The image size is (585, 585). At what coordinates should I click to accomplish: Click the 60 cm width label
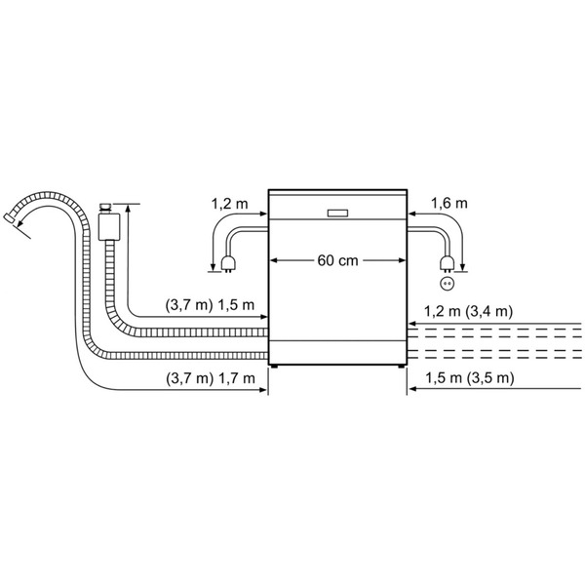(337, 260)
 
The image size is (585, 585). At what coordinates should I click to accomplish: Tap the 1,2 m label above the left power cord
(229, 204)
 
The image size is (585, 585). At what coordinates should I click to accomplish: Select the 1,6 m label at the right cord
(449, 204)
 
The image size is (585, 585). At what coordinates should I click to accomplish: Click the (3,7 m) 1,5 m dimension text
(210, 305)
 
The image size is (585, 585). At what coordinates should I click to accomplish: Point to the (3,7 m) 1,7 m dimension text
(211, 378)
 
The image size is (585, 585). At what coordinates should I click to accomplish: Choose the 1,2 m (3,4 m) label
(468, 311)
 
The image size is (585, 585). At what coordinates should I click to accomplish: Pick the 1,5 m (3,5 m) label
(470, 378)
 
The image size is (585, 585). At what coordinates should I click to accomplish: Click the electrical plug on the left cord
(228, 264)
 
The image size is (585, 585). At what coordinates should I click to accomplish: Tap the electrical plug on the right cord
(447, 264)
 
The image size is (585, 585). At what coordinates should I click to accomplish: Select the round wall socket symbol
(447, 284)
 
